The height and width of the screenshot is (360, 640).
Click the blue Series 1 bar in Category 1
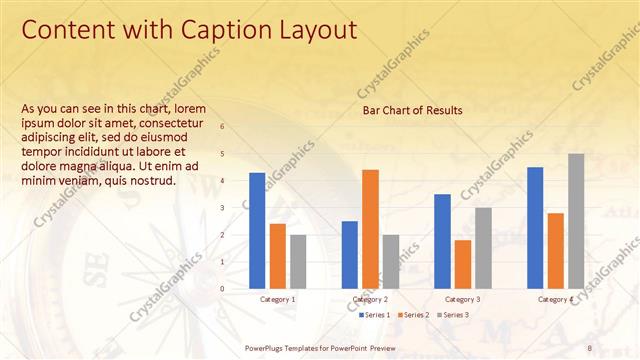tap(257, 230)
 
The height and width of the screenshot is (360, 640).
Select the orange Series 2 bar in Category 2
tap(370, 228)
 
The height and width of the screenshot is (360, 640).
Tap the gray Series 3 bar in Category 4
tap(576, 220)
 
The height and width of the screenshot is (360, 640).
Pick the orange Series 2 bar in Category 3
tap(462, 263)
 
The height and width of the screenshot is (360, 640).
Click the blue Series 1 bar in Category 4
tap(535, 227)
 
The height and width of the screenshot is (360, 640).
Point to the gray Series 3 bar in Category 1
tap(298, 261)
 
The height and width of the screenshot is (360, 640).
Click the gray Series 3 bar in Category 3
tap(483, 247)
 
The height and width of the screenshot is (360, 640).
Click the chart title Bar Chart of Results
tap(412, 110)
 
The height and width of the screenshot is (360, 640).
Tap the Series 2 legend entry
tap(414, 315)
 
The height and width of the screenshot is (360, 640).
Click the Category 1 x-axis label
tap(277, 300)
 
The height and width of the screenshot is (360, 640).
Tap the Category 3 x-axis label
tap(462, 300)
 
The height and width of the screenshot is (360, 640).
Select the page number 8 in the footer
tap(589, 346)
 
